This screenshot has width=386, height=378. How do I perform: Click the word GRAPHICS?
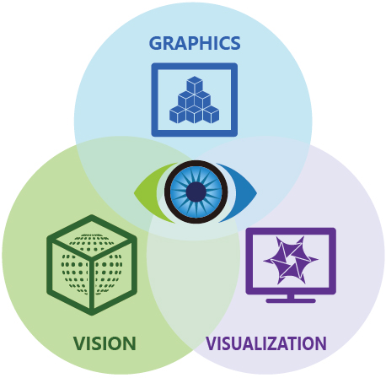[195, 43]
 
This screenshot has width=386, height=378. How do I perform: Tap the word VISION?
[105, 343]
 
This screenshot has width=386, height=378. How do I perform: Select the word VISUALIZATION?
[266, 343]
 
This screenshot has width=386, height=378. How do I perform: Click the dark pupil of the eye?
[196, 192]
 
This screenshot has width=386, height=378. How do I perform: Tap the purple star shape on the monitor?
[291, 260]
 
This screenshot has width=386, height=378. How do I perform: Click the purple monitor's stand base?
[291, 301]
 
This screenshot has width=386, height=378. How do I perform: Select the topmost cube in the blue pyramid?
[195, 84]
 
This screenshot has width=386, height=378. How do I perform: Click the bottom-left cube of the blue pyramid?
[178, 115]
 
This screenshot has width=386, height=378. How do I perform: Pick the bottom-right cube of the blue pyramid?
[212, 115]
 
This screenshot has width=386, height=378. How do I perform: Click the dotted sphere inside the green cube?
[92, 264]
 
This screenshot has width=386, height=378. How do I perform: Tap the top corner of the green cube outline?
[92, 215]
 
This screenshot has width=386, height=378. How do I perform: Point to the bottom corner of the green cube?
[92, 315]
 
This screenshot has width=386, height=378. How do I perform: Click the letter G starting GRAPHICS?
[155, 43]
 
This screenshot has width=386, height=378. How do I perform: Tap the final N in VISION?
[130, 343]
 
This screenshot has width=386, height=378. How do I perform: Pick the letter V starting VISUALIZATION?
[212, 343]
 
